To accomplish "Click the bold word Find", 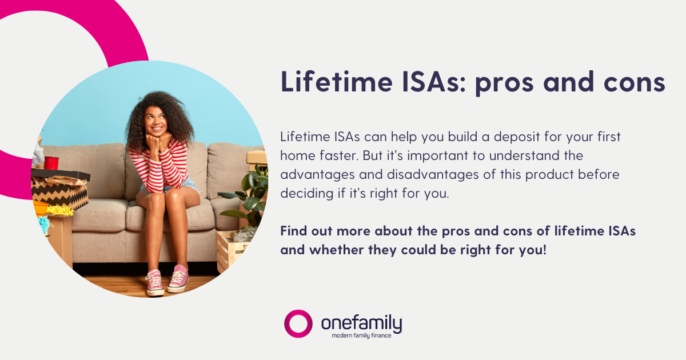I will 296,232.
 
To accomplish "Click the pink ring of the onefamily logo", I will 298,324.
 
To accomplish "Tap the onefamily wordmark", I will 361,323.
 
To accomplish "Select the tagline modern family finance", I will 361,335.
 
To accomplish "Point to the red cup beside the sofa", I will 51,163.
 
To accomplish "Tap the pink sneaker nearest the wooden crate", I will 178,278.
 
